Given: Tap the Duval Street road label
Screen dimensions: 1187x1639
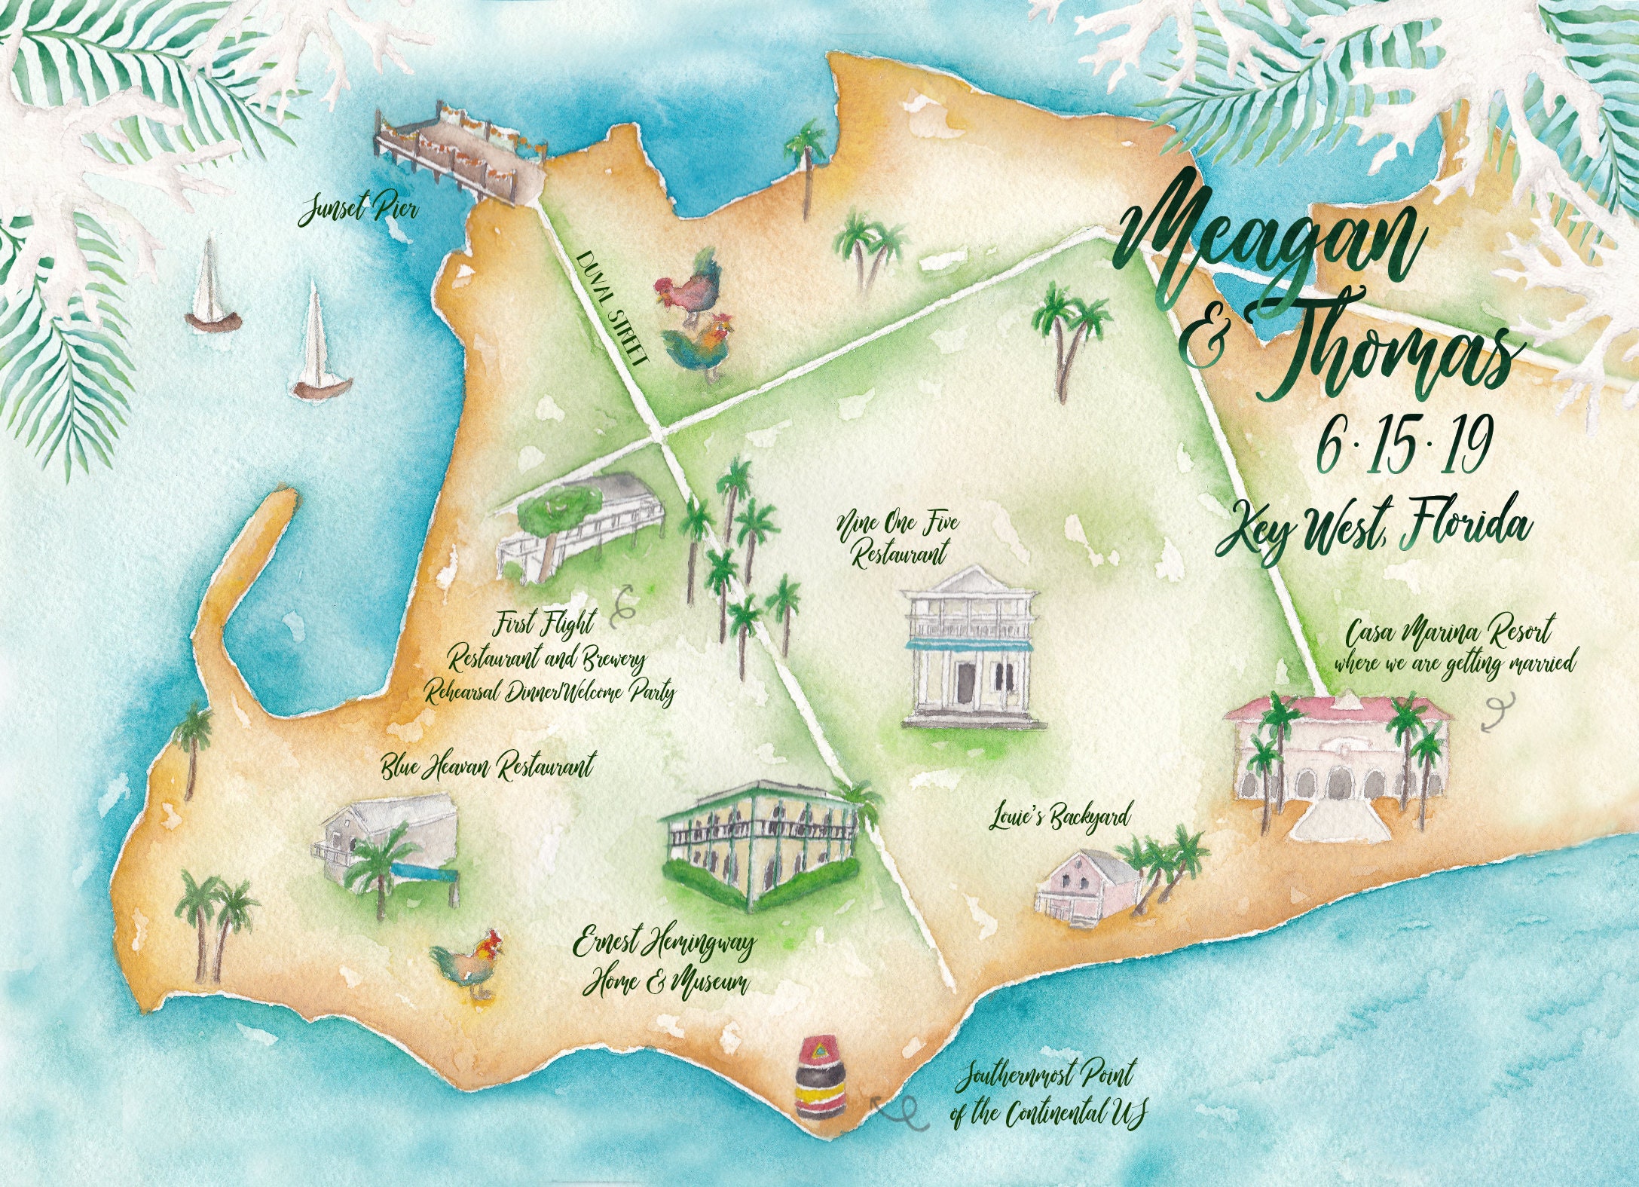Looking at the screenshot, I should [x=613, y=307].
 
